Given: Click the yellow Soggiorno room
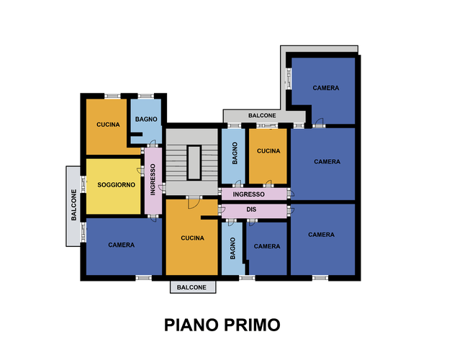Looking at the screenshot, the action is pos(113,186).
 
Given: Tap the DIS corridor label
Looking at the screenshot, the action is pos(251,210).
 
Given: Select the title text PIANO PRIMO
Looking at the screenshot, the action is pos(222,325).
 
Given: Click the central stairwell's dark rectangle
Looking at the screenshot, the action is pos(194,163).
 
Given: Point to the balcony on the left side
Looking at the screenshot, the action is pos(73,206).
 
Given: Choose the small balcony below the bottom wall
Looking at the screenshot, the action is pos(193,287).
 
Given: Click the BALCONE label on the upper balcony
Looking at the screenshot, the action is pos(262,115).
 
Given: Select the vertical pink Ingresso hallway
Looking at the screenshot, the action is pos(153,181).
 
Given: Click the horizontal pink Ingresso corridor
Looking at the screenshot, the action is pos(254,194).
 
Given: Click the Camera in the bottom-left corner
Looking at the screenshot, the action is pos(124,246).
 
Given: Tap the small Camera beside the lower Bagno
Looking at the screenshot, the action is pos(267,248).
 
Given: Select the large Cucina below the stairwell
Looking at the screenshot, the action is pos(191,238).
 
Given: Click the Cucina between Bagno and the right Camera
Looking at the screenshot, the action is pos(268,156).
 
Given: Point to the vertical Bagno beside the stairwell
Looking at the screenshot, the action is pos(233,156).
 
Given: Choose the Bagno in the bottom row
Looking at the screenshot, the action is pos(232,248).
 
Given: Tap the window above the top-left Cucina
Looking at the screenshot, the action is pos(112,96).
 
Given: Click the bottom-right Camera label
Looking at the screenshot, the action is pos(321,235).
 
